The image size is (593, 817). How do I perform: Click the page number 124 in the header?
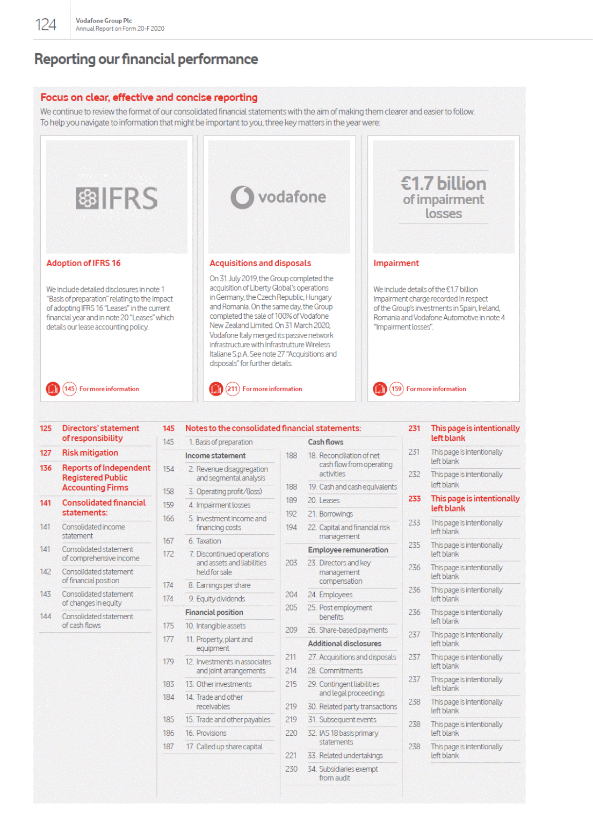[46, 25]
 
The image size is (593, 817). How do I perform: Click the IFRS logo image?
[117, 198]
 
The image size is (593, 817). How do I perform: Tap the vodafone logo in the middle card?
[279, 197]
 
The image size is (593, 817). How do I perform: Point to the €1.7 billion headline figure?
[443, 184]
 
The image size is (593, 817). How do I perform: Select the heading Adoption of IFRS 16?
[83, 263]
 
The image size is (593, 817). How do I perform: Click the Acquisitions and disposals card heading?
[260, 263]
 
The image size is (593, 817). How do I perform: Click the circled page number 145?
[69, 389]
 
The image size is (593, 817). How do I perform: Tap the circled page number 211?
[233, 389]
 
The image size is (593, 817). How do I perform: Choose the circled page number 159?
[396, 389]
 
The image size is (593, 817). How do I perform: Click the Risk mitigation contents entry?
[90, 453]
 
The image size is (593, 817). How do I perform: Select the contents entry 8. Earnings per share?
[219, 585]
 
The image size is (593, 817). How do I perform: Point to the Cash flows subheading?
[326, 442]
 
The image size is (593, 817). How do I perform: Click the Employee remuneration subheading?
[348, 550]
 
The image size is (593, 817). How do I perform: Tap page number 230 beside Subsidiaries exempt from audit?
[291, 769]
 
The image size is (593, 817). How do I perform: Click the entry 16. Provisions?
[206, 733]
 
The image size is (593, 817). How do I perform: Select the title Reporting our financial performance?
[146, 59]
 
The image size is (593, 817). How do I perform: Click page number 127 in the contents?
[46, 453]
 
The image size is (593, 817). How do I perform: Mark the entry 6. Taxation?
[205, 541]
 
